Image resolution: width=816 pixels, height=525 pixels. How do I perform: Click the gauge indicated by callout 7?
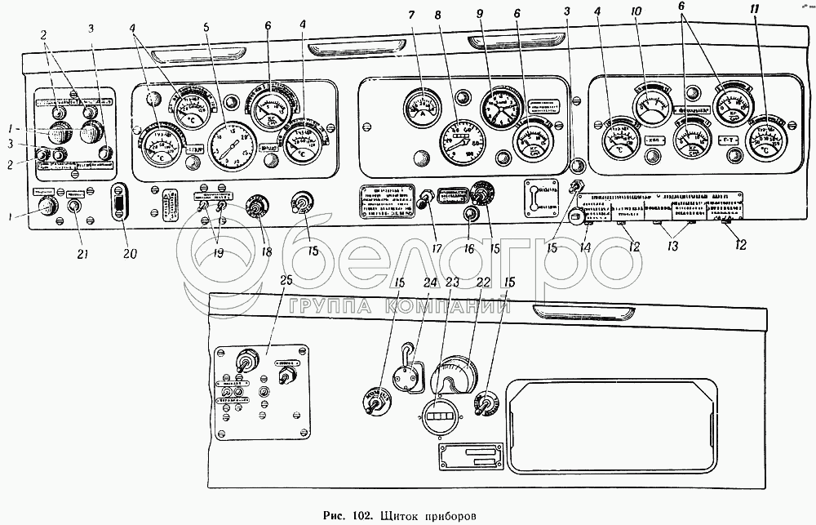421,107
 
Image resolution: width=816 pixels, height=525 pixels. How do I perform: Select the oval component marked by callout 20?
119,200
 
